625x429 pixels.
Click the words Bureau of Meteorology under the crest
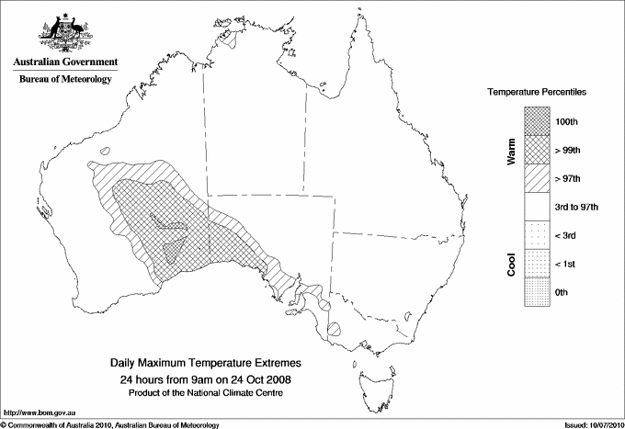[x=65, y=80]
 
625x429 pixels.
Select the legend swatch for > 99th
[x=536, y=150]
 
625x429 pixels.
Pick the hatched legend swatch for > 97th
[x=536, y=178]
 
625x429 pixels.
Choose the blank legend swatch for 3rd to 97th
[x=536, y=207]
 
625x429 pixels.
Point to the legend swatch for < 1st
[x=536, y=264]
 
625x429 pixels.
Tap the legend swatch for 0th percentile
[x=536, y=292]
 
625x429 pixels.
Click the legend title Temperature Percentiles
[x=538, y=93]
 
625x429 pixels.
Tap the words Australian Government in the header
[x=65, y=62]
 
